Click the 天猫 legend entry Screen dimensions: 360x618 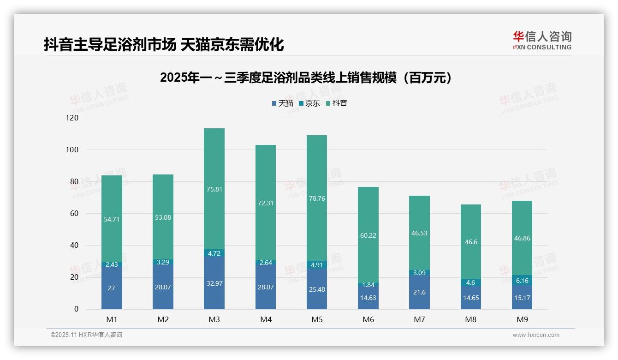pyautogui.click(x=282, y=103)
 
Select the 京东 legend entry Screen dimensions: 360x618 pyautogui.click(x=309, y=103)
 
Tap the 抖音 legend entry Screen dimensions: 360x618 pyautogui.click(x=336, y=103)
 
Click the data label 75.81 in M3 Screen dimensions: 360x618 pyautogui.click(x=214, y=189)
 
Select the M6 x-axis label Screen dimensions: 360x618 pyautogui.click(x=368, y=319)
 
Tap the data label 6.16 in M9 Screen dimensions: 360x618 pyautogui.click(x=522, y=281)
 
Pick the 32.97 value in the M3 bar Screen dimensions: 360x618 pyautogui.click(x=214, y=283)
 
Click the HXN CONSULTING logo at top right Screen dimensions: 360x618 pyautogui.click(x=542, y=41)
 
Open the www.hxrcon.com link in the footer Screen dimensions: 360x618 pyautogui.click(x=536, y=335)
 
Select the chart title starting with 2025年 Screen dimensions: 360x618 pyautogui.click(x=306, y=78)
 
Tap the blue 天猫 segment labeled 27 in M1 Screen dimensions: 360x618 pyautogui.click(x=112, y=288)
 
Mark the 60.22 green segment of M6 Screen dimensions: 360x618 pyautogui.click(x=368, y=235)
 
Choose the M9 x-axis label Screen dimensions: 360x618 pyautogui.click(x=522, y=319)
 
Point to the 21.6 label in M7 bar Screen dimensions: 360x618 pyautogui.click(x=419, y=293)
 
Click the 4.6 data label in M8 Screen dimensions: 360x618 pyautogui.click(x=470, y=282)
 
